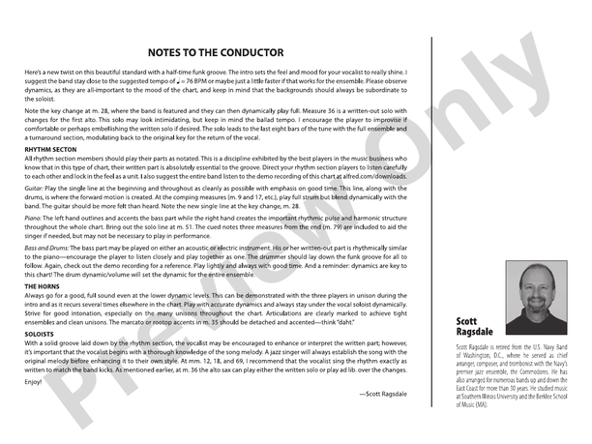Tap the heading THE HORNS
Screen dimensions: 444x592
coord(42,287)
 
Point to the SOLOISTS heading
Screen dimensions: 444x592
coord(40,335)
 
